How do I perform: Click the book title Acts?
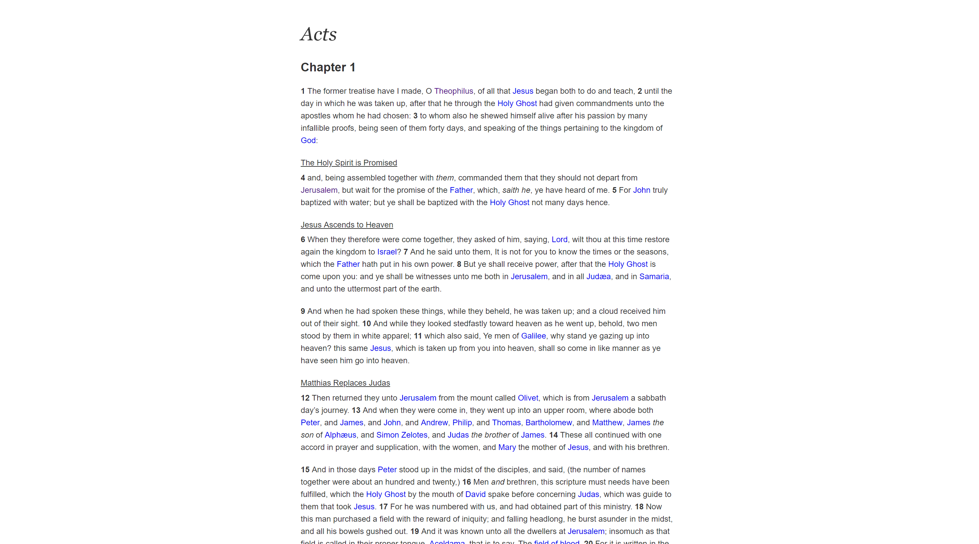point(319,34)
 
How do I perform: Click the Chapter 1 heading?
point(328,67)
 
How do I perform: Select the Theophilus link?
point(453,91)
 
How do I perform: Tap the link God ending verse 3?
point(308,140)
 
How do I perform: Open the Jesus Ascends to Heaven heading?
point(347,225)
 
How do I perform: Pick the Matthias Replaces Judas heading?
point(345,383)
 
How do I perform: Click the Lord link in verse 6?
point(559,240)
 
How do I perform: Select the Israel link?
point(387,252)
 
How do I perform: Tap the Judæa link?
point(598,277)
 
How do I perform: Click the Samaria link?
point(654,277)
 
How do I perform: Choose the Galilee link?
point(533,336)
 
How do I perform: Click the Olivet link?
point(528,398)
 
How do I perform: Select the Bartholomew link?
point(548,423)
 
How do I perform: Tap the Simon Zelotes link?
point(402,435)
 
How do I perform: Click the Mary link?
point(507,447)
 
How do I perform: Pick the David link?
point(475,494)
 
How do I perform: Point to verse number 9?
point(303,311)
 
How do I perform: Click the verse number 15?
point(305,470)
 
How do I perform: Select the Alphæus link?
point(340,435)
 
